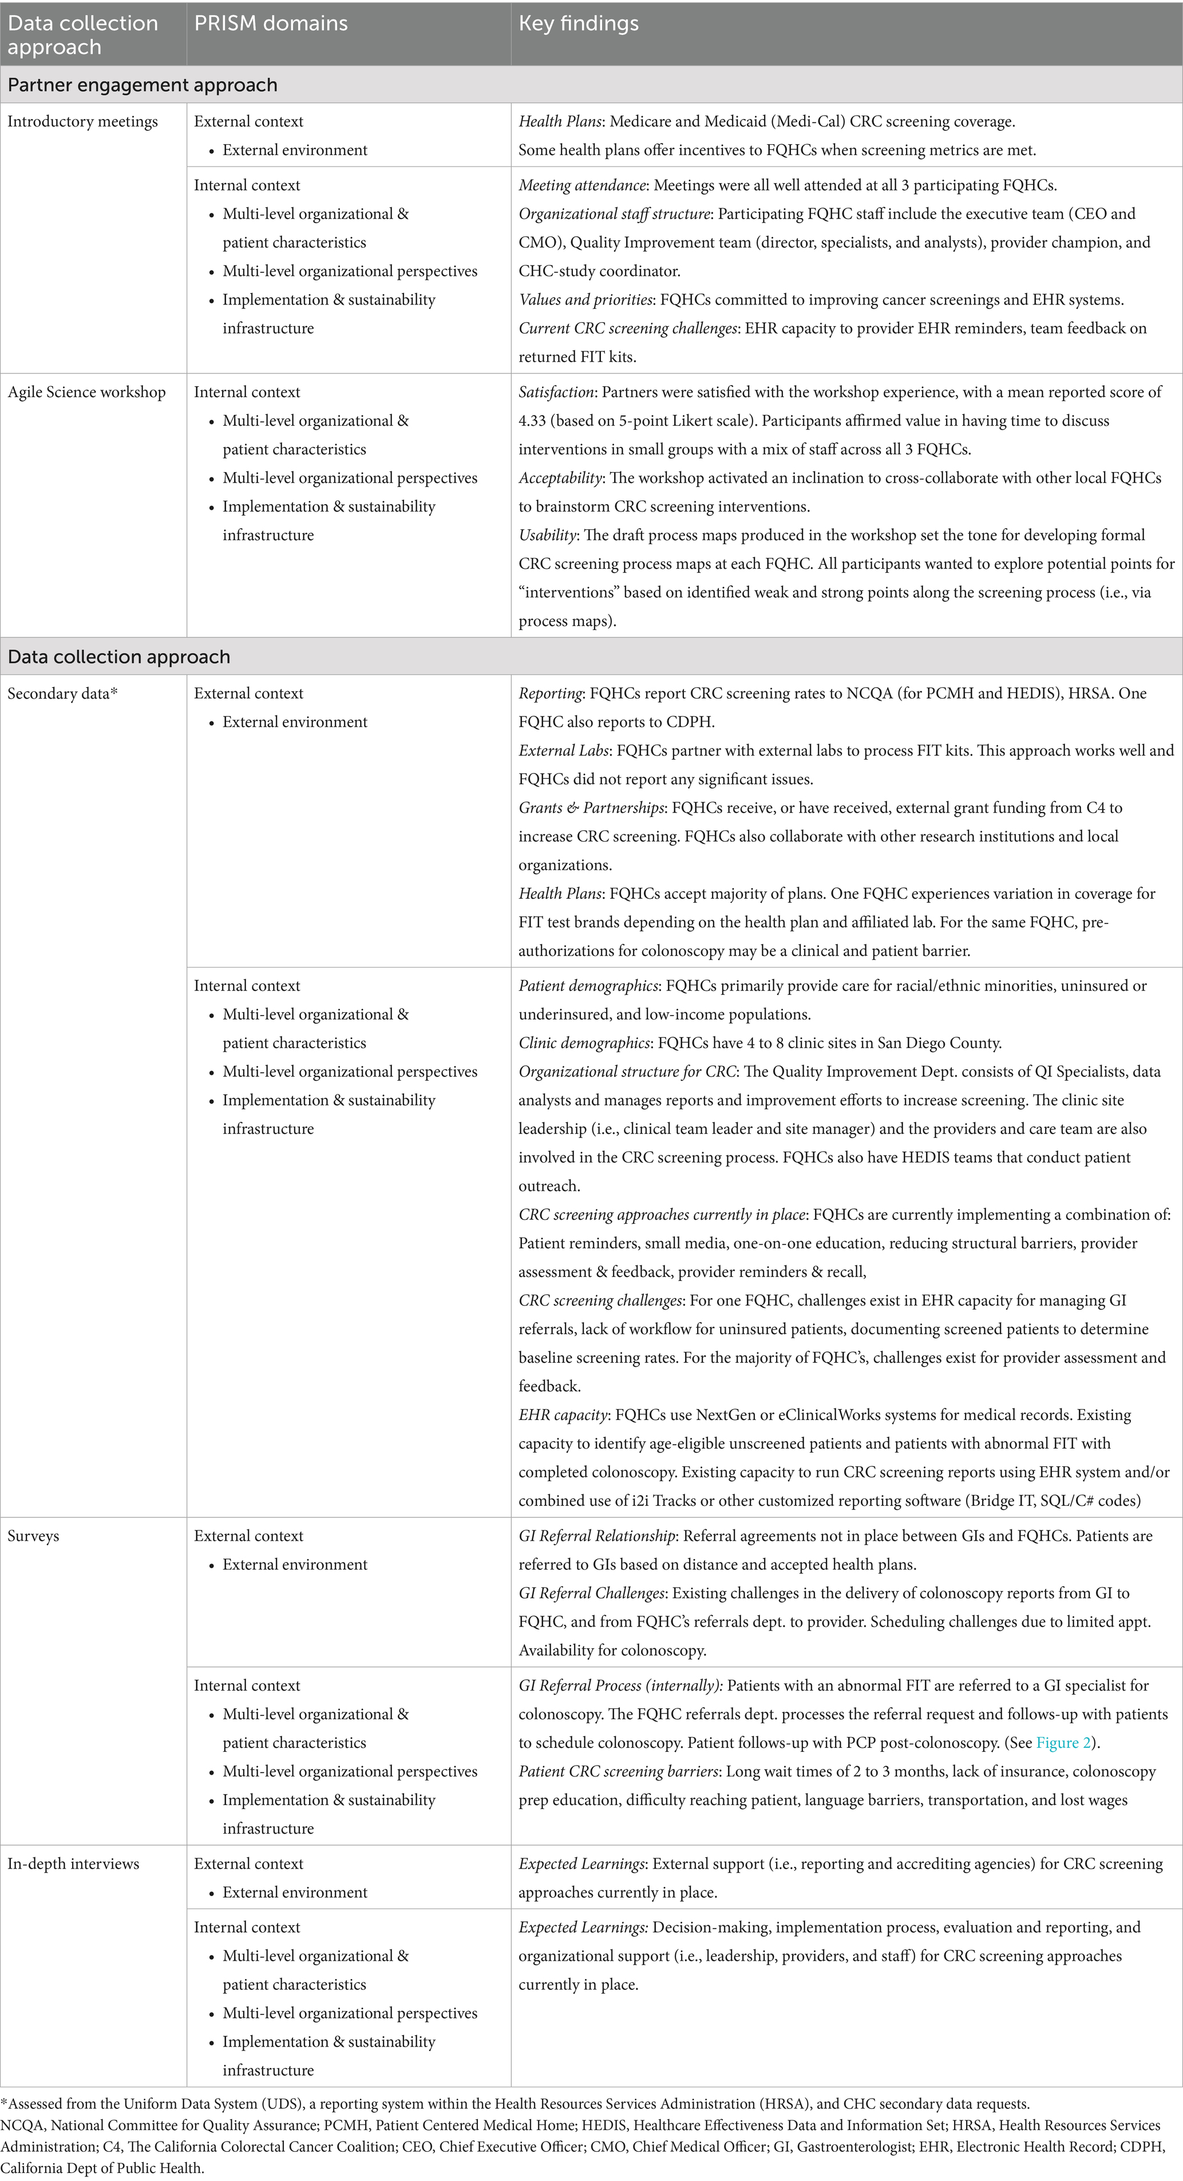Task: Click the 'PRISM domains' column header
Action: click(x=271, y=23)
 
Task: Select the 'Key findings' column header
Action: click(x=579, y=23)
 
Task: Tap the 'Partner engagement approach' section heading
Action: click(x=143, y=85)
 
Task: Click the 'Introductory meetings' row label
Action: click(x=82, y=121)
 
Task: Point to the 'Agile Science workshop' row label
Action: click(x=86, y=392)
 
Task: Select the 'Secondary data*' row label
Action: click(x=62, y=693)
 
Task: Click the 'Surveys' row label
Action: click(x=33, y=1536)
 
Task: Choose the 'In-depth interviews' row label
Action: click(x=73, y=1863)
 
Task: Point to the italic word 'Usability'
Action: click(x=547, y=535)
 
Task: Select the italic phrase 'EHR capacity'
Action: click(x=562, y=1415)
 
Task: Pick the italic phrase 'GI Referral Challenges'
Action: click(x=591, y=1593)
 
